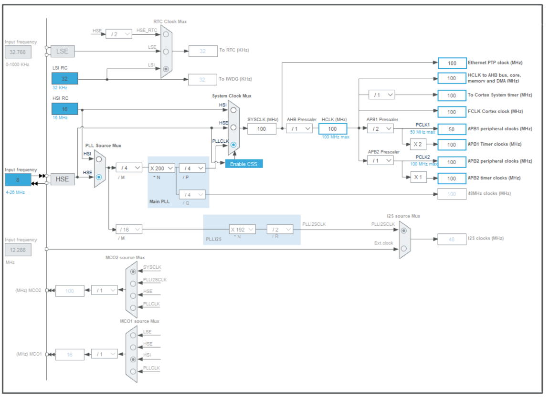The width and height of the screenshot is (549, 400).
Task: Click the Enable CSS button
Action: click(244, 164)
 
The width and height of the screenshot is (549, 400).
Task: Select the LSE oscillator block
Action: click(63, 51)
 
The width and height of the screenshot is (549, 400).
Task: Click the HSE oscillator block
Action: click(63, 179)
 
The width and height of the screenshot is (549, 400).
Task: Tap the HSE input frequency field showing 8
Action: click(18, 179)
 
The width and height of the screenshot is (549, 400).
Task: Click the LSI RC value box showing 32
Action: click(64, 79)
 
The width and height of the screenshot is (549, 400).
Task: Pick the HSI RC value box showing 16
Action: click(64, 109)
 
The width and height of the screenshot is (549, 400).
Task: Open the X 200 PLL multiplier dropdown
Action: click(161, 168)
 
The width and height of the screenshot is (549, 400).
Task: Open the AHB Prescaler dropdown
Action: click(299, 128)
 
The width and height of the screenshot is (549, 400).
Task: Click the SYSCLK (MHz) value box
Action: click(262, 128)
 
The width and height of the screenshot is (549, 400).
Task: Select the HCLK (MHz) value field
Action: click(332, 128)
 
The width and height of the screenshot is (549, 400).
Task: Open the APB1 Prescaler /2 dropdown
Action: click(380, 128)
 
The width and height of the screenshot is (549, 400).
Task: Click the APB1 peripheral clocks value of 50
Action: click(452, 129)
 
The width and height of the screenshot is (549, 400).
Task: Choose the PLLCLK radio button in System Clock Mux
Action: click(233, 145)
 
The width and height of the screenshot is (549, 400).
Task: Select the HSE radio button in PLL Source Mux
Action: click(99, 177)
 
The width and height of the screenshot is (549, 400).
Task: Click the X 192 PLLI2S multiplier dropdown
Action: click(242, 229)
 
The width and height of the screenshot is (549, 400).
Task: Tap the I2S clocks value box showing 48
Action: click(452, 239)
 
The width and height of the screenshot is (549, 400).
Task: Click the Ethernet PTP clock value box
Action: click(452, 63)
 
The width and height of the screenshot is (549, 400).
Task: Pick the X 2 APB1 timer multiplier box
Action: click(418, 144)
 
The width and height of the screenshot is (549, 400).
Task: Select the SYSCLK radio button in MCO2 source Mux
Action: click(133, 271)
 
